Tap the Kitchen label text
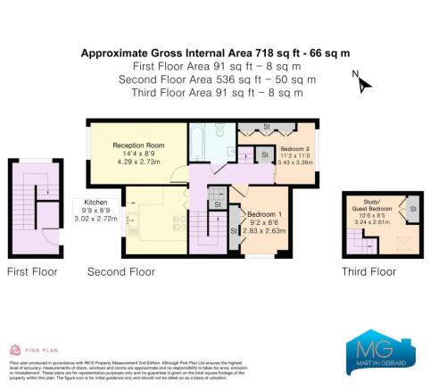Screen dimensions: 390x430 95,202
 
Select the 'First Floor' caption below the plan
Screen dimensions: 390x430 33,270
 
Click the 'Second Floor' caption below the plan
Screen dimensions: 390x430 121,270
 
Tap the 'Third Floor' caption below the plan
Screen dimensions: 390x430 369,270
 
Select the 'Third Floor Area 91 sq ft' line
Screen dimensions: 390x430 214,92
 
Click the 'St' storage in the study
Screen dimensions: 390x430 411,210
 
